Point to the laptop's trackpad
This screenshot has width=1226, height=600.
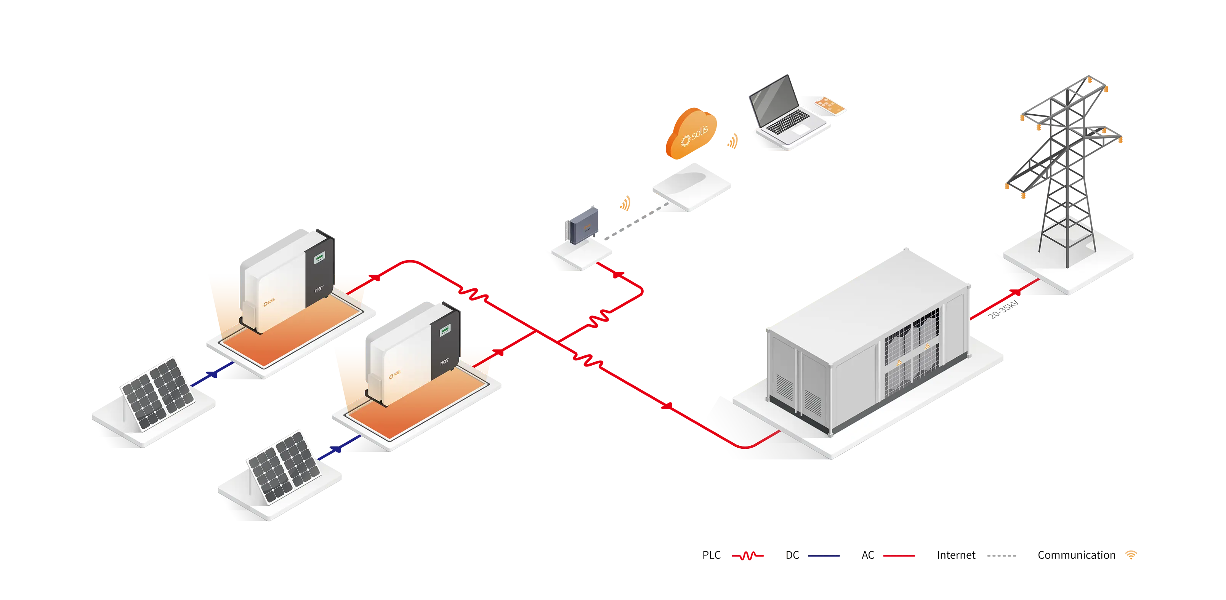click(801, 129)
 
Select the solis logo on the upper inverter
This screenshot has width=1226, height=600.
click(269, 302)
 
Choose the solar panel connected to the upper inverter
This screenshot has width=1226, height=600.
click(157, 392)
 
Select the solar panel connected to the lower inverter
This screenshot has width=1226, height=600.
click(283, 466)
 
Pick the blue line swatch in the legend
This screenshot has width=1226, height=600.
click(833, 555)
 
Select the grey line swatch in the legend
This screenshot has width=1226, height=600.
click(1010, 555)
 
